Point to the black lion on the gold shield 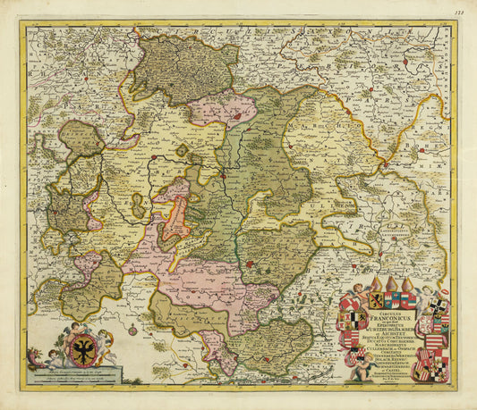tap(376, 300)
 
